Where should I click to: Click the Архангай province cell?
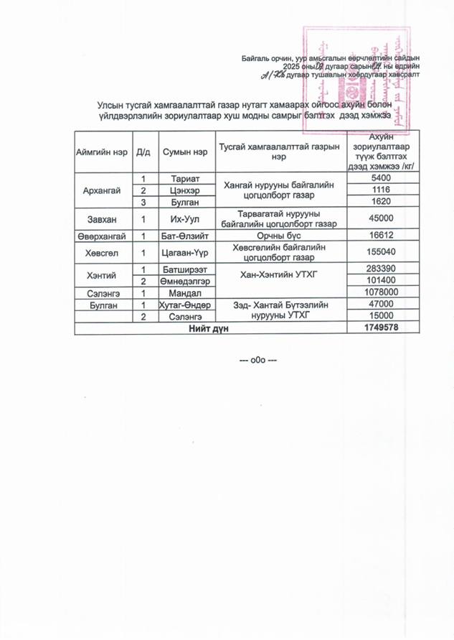click(101, 190)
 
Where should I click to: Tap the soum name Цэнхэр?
click(184, 190)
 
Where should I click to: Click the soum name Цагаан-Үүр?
click(184, 252)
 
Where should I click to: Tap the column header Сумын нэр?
click(184, 152)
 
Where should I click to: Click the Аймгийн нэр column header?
click(101, 152)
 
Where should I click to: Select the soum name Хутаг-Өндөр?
click(184, 305)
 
